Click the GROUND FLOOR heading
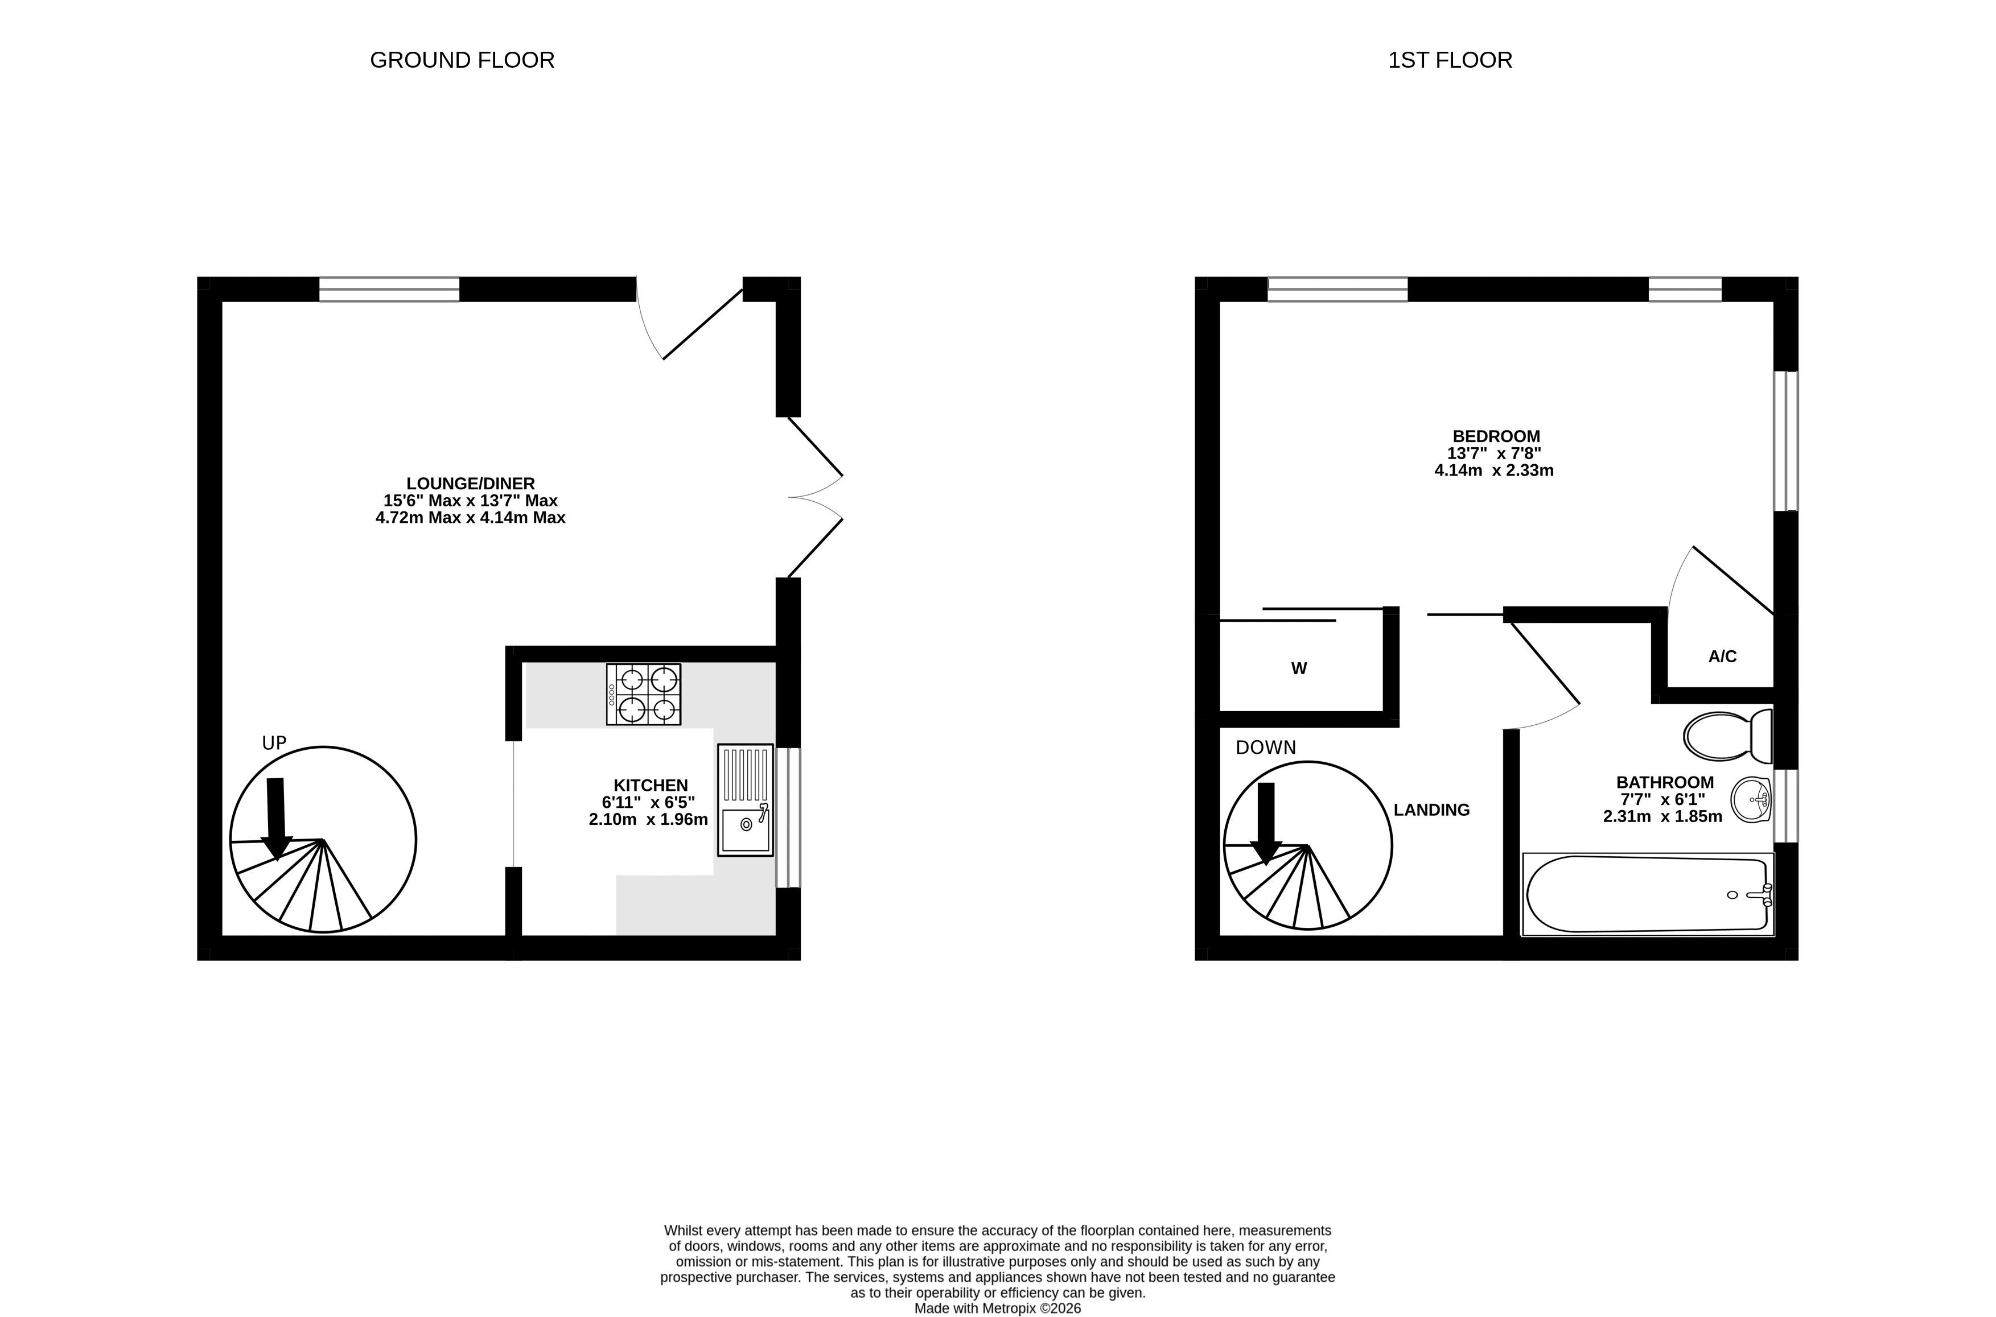[462, 60]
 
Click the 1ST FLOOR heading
[1450, 60]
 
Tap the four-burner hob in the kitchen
[644, 695]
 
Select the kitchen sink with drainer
[745, 800]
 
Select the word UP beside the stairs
[275, 744]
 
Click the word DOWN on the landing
[1266, 748]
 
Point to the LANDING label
[1431, 810]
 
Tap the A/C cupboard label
[1722, 657]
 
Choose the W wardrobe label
[1299, 668]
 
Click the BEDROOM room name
[1496, 436]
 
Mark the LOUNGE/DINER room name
[471, 484]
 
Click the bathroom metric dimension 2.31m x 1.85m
[1662, 816]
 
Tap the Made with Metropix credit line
[998, 1308]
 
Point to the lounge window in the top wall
[389, 289]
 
